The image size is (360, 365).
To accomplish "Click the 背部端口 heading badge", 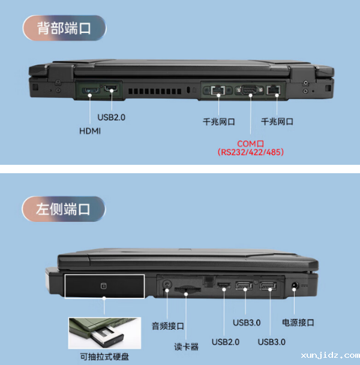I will point(64,28).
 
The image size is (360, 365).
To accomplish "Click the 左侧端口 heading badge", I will point(64,209).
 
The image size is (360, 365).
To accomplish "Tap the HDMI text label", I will point(90,131).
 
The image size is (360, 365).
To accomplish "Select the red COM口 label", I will point(250,143).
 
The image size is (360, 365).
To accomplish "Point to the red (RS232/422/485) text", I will point(250,152).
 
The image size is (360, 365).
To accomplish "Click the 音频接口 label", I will point(167,326).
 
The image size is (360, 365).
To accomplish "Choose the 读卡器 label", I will point(186,347).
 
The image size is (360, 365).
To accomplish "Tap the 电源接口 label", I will point(298,322).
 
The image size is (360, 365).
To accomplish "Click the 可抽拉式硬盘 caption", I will point(104,357).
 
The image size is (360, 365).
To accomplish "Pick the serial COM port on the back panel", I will point(249,91).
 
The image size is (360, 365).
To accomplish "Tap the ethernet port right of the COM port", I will point(275,91).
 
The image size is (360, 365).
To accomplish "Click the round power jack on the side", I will point(295,285).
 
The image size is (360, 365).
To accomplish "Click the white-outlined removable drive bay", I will point(104,287).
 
